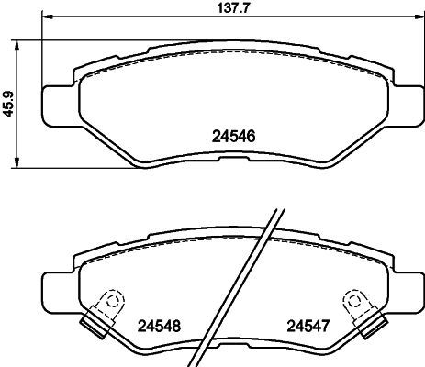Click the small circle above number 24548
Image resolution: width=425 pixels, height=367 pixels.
pyautogui.click(x=112, y=297)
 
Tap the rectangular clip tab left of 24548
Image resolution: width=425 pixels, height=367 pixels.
pyautogui.click(x=92, y=320)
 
